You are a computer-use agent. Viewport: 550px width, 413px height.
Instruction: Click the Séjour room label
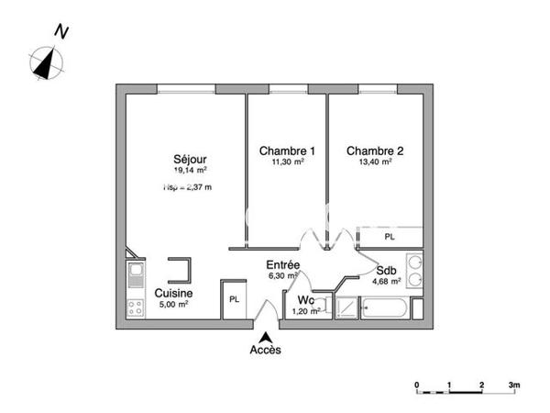pos(190,159)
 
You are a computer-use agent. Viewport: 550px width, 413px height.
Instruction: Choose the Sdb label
pos(386,271)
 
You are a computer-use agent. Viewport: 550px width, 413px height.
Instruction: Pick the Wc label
pos(304,299)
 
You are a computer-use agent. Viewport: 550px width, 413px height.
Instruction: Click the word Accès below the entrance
pos(266,350)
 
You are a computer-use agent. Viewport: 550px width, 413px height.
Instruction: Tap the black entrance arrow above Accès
pos(266,336)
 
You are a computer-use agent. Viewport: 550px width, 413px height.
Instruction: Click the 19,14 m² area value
pos(190,171)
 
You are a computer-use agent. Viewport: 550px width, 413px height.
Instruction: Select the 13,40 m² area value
pos(375,162)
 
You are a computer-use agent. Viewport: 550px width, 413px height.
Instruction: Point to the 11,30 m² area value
pos(287,162)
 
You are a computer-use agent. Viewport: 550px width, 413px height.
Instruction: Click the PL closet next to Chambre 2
pos(390,236)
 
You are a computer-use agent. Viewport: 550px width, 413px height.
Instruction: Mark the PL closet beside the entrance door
pos(235,299)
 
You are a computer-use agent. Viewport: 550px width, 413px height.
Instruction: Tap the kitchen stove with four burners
pos(136,307)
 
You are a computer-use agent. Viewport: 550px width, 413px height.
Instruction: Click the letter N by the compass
pos(62,32)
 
